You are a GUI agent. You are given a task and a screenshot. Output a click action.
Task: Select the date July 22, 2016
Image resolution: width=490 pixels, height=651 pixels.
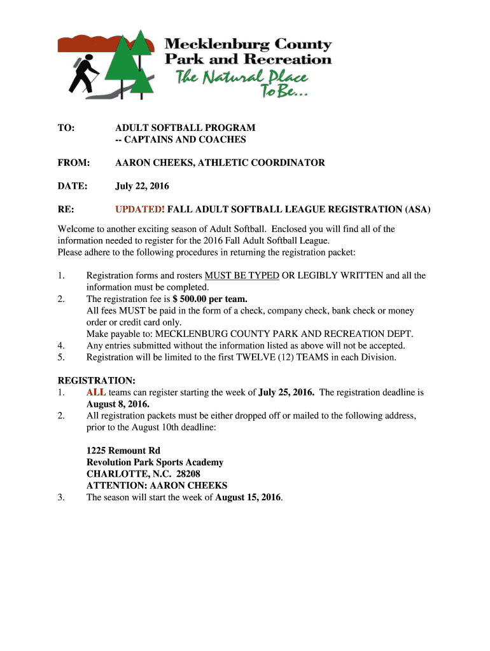pos(142,186)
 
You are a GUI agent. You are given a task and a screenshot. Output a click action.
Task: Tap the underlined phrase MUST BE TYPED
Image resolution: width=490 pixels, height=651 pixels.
pos(242,275)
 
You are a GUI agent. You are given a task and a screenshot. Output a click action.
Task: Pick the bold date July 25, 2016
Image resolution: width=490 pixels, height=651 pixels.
pos(286,392)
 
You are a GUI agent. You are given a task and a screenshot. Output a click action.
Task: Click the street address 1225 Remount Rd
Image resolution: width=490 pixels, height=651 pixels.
pos(123,451)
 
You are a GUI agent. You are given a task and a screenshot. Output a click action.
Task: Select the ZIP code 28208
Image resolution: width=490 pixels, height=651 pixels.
pos(188,474)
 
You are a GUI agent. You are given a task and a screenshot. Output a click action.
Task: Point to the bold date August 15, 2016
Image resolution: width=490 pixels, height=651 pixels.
pos(249,498)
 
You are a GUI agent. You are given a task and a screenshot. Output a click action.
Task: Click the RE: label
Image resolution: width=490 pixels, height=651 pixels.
pos(66,209)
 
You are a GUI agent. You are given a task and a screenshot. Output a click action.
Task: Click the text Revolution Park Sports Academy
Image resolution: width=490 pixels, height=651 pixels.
pos(155,463)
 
